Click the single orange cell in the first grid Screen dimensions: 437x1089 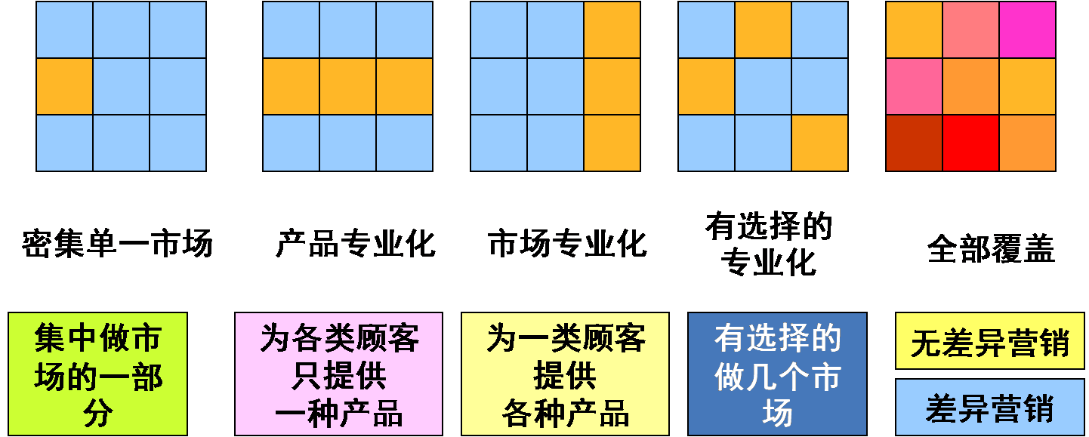click(x=64, y=86)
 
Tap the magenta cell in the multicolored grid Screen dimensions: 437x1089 click(x=1027, y=29)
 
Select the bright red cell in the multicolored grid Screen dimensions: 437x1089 click(x=970, y=143)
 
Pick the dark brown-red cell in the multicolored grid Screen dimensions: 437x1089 click(x=914, y=143)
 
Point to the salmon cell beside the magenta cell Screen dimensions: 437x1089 click(x=970, y=29)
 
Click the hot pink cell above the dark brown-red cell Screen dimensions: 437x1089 click(x=914, y=86)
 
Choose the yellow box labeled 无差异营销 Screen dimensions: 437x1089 click(x=989, y=342)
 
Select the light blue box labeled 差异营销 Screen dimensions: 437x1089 click(x=989, y=408)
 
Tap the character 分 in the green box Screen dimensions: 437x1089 click(x=98, y=414)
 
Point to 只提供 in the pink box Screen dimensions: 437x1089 click(x=338, y=376)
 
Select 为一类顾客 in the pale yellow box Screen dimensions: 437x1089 click(x=566, y=339)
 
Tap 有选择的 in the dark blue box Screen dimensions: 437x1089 click(x=778, y=339)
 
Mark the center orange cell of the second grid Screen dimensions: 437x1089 click(x=347, y=86)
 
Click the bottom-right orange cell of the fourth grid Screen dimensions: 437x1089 click(x=819, y=143)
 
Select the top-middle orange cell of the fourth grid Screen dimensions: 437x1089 click(x=763, y=29)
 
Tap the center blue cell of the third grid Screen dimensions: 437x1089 click(x=555, y=86)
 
